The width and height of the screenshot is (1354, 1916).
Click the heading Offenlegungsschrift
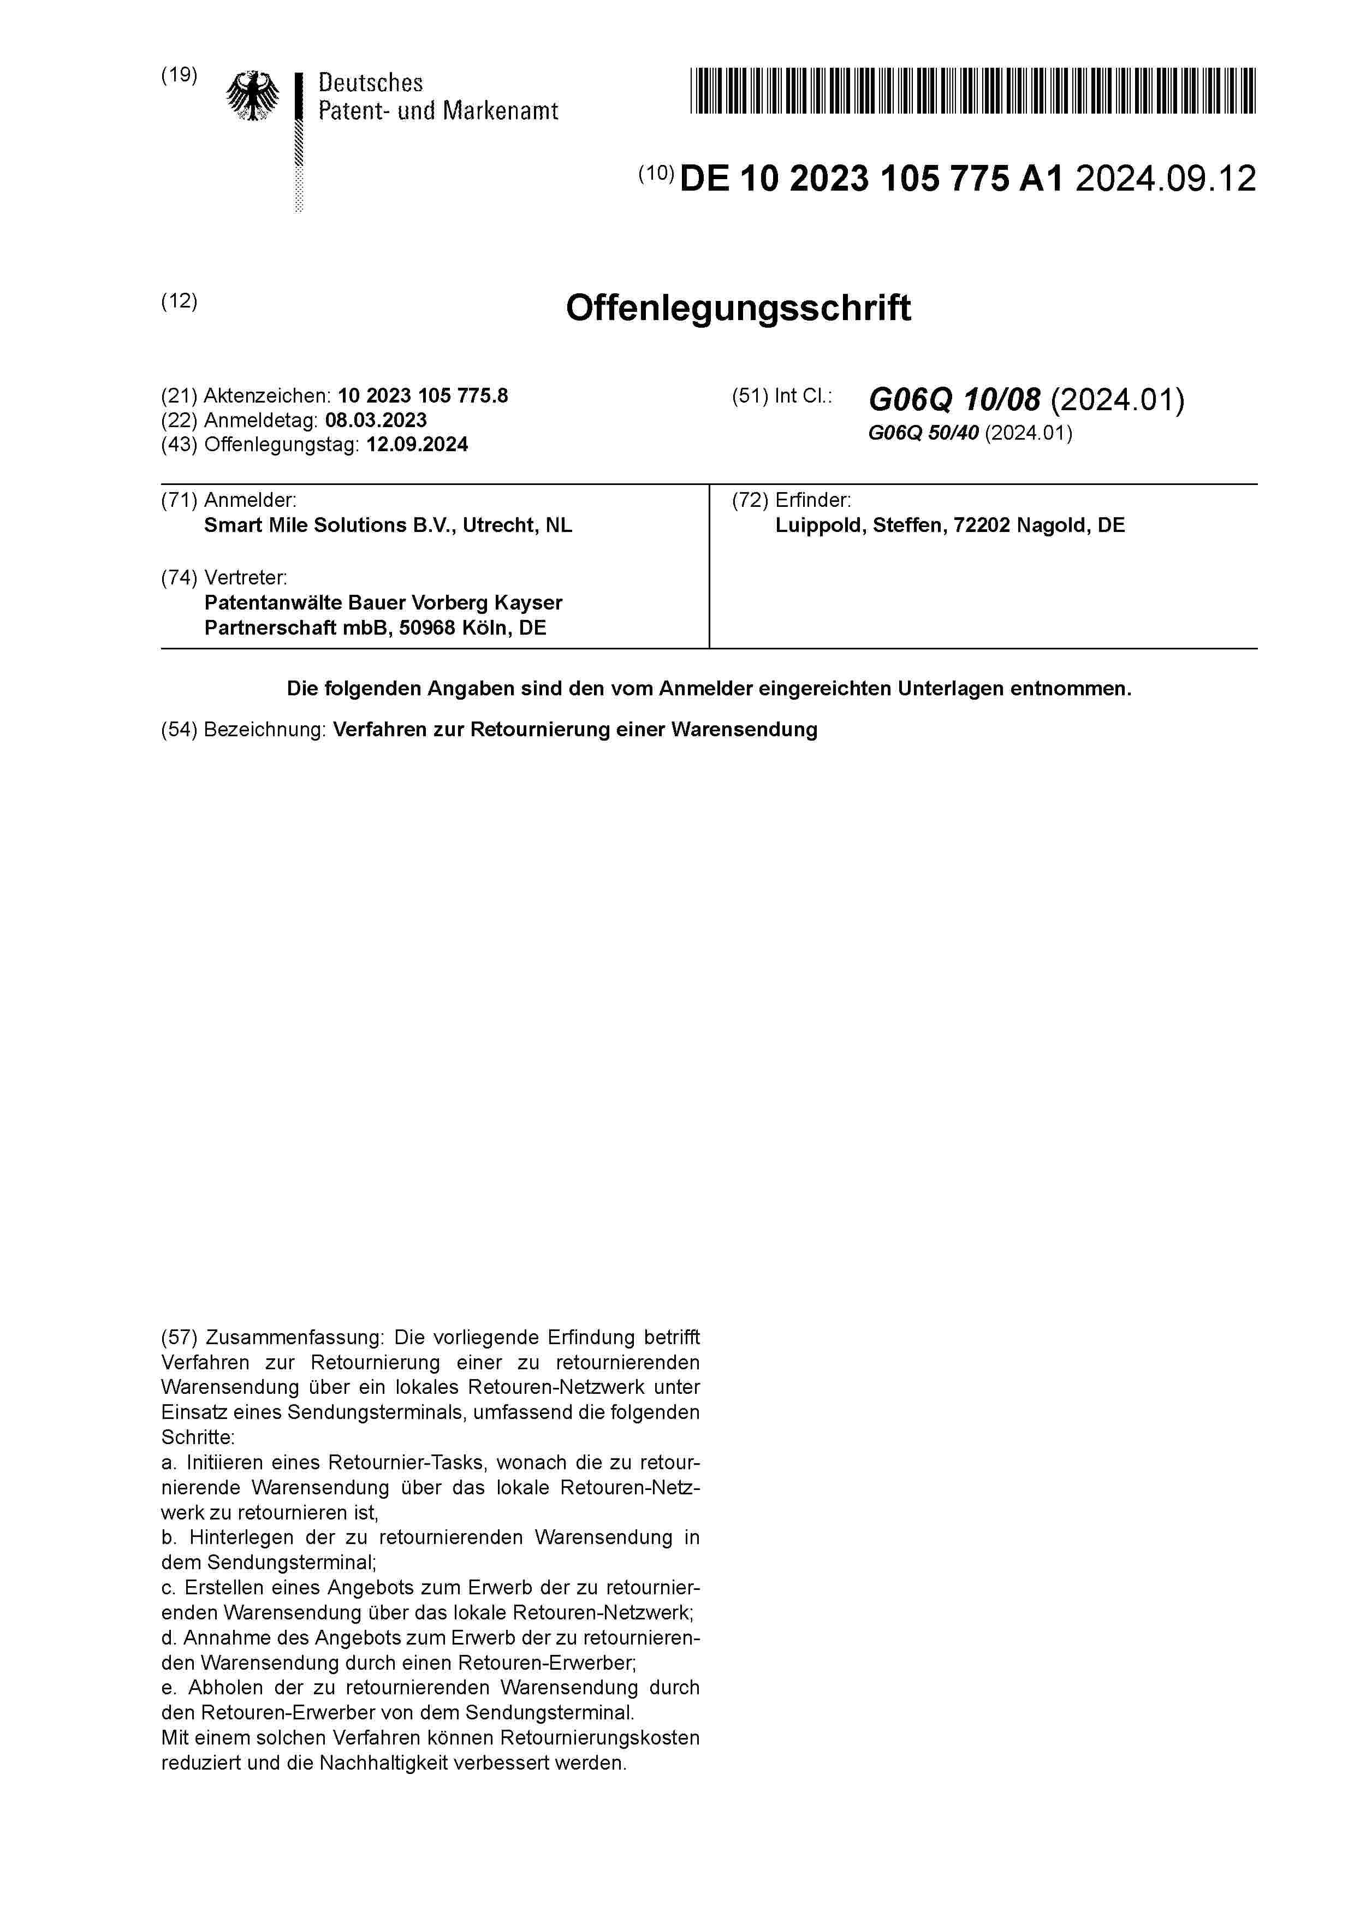click(738, 308)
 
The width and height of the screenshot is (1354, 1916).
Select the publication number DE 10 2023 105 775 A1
click(872, 179)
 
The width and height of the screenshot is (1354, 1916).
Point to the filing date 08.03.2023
click(376, 420)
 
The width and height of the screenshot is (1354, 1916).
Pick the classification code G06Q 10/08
click(954, 400)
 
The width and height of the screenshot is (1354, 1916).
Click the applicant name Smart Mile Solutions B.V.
click(330, 525)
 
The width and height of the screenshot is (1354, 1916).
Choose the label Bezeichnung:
click(264, 729)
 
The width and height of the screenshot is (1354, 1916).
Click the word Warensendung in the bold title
click(744, 729)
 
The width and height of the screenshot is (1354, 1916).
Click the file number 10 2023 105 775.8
click(423, 395)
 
